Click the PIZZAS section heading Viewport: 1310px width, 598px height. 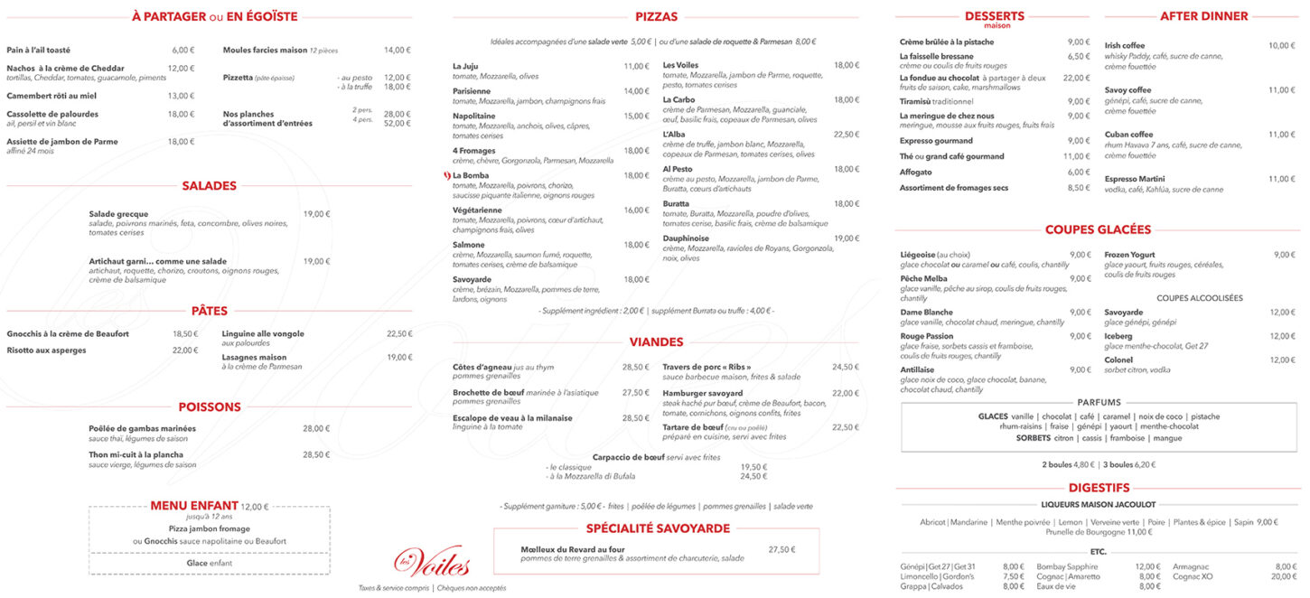(x=656, y=16)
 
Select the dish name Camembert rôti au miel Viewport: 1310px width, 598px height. (x=51, y=96)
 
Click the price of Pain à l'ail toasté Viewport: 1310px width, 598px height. (x=183, y=50)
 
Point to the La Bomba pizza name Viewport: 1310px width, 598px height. (x=471, y=175)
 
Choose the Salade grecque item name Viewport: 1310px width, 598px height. (x=118, y=214)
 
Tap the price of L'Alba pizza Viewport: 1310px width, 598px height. (x=846, y=135)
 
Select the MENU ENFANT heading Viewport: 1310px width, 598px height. (x=194, y=506)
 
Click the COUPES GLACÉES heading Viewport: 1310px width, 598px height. (x=1098, y=229)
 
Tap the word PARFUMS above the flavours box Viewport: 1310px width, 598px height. (x=1099, y=402)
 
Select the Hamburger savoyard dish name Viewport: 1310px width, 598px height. (x=702, y=393)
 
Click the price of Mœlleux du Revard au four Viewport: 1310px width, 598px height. (x=781, y=549)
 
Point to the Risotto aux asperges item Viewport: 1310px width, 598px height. (x=46, y=350)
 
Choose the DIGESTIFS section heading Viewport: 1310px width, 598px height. (x=1099, y=488)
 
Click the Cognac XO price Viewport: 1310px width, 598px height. (x=1283, y=576)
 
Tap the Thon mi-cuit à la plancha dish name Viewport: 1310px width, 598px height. (x=136, y=454)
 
